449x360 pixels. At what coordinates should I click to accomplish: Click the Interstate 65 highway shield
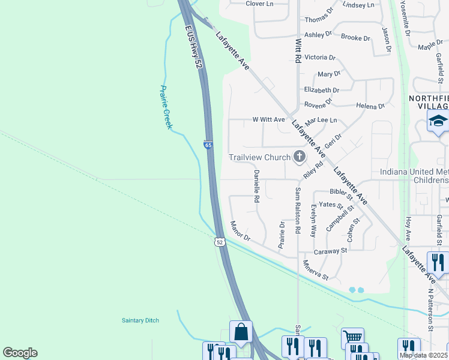[208, 145]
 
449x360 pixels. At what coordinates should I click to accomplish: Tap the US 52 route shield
[220, 241]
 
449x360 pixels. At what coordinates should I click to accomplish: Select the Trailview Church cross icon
[299, 157]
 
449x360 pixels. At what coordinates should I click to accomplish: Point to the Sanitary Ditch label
[140, 320]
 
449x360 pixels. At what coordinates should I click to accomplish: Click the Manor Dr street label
[240, 232]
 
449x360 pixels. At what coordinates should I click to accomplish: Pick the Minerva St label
[316, 270]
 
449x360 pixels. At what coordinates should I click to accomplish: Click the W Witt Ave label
[268, 119]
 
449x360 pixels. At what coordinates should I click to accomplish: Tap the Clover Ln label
[259, 4]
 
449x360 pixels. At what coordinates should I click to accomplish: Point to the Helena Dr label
[370, 106]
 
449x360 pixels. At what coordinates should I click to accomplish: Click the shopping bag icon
[241, 331]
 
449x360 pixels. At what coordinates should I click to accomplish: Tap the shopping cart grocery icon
[352, 338]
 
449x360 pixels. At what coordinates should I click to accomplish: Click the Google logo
[20, 353]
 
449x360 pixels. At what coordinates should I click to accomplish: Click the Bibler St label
[341, 192]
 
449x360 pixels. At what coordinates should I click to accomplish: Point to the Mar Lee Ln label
[321, 121]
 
